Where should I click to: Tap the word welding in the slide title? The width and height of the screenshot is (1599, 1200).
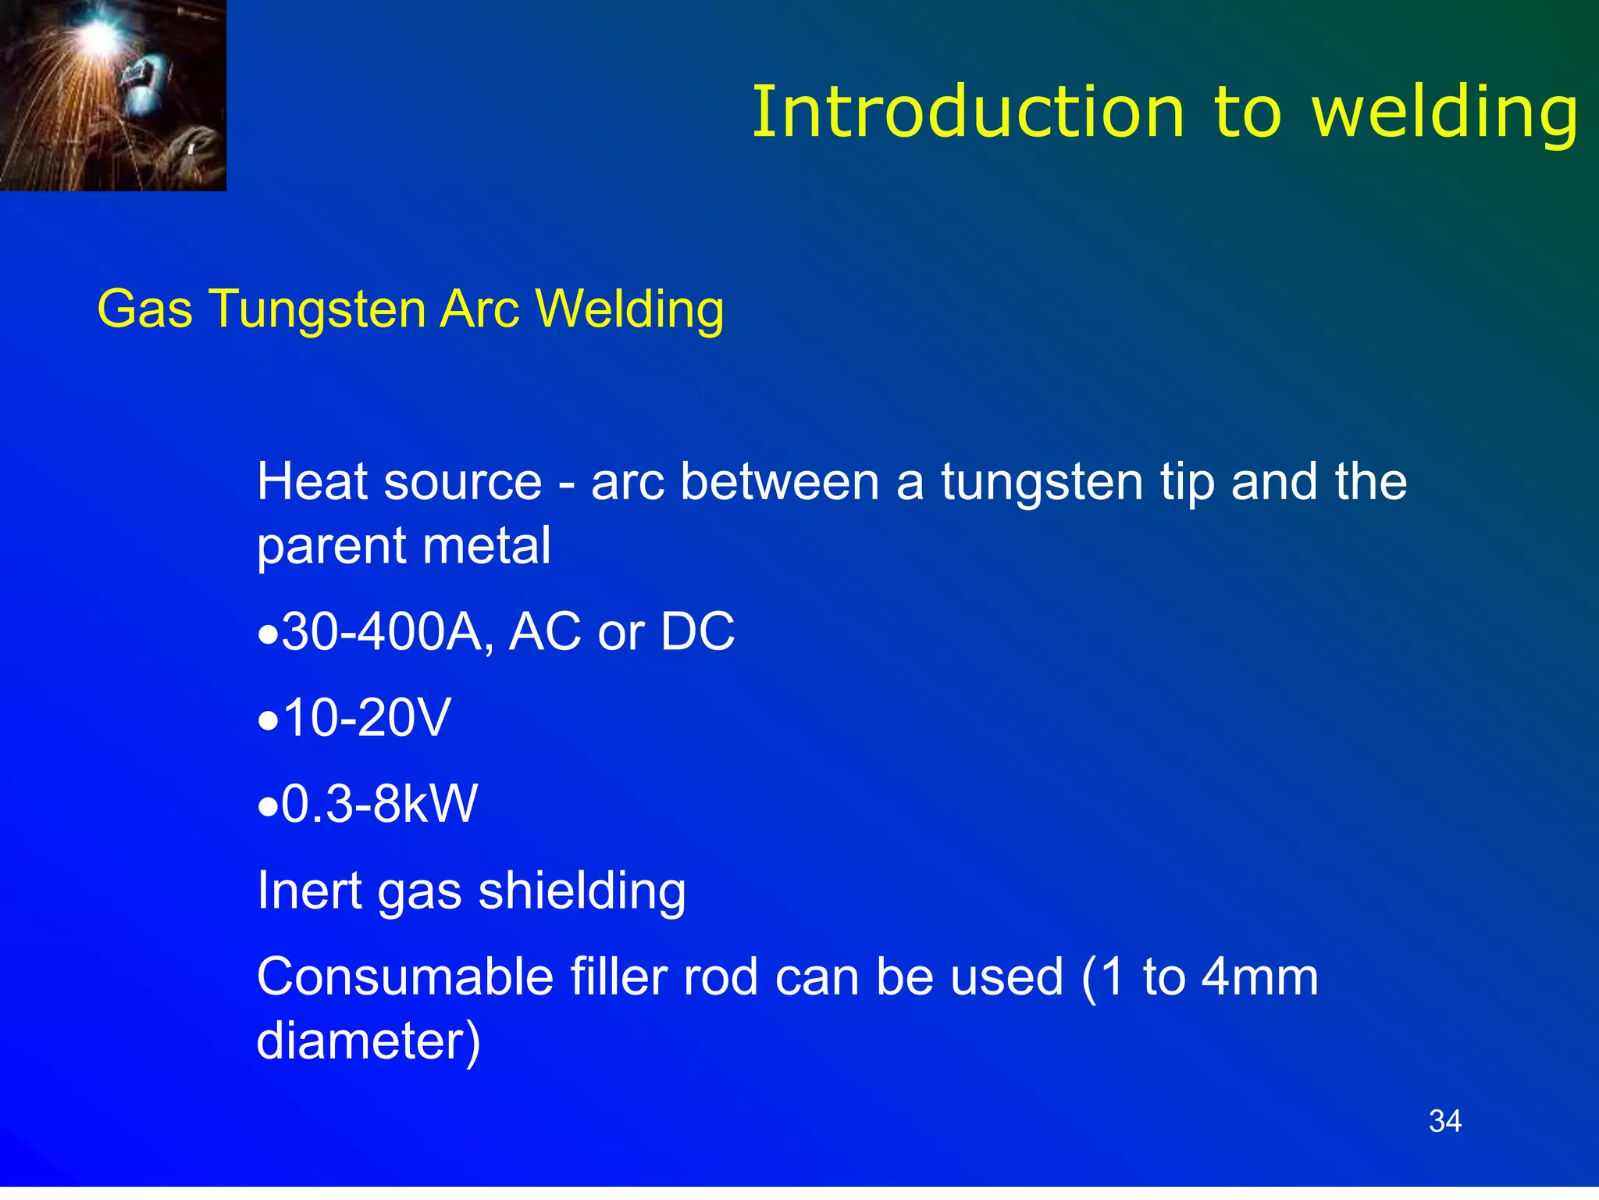point(1445,114)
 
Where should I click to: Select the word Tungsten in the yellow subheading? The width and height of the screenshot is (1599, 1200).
point(317,309)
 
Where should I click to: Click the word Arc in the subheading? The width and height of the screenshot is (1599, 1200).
point(479,309)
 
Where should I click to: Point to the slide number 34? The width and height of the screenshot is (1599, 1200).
point(1444,1121)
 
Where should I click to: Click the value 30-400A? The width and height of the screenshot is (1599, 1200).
point(386,631)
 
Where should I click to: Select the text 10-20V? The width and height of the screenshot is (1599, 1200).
point(367,717)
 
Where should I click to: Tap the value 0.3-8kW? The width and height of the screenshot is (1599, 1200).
point(379,803)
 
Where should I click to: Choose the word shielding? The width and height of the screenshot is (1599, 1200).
point(582,891)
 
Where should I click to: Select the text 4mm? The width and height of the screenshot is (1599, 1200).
point(1259,977)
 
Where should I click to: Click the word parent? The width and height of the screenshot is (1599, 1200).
point(327,547)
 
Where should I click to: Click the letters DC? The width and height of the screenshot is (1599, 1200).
point(697,631)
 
